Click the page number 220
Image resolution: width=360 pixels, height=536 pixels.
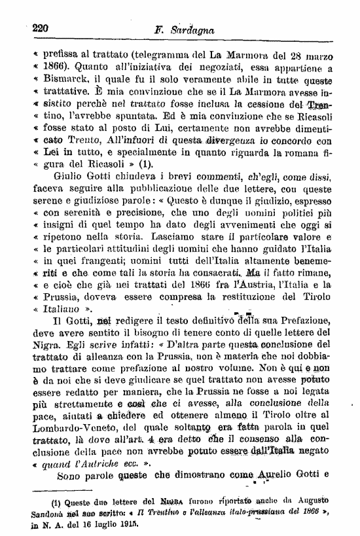(x=41, y=28)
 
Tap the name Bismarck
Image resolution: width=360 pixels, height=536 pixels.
(x=62, y=81)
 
